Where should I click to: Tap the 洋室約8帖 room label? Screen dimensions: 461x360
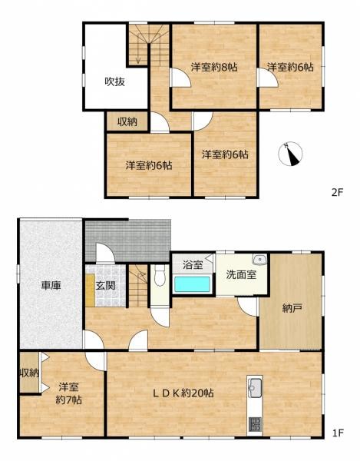[213, 68]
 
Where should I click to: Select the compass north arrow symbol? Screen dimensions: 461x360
[289, 153]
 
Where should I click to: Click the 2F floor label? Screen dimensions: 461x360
[338, 194]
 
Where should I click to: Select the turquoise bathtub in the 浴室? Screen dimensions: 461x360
[193, 284]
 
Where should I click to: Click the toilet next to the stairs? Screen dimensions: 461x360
[159, 274]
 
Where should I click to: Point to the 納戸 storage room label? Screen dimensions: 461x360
[292, 309]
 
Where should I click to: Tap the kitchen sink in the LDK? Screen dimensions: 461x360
[255, 387]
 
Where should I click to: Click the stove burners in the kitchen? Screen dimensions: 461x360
[255, 423]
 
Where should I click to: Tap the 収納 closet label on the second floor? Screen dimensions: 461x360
[127, 122]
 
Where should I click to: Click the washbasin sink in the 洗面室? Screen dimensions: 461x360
[261, 259]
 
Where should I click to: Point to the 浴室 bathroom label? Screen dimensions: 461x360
[193, 265]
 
